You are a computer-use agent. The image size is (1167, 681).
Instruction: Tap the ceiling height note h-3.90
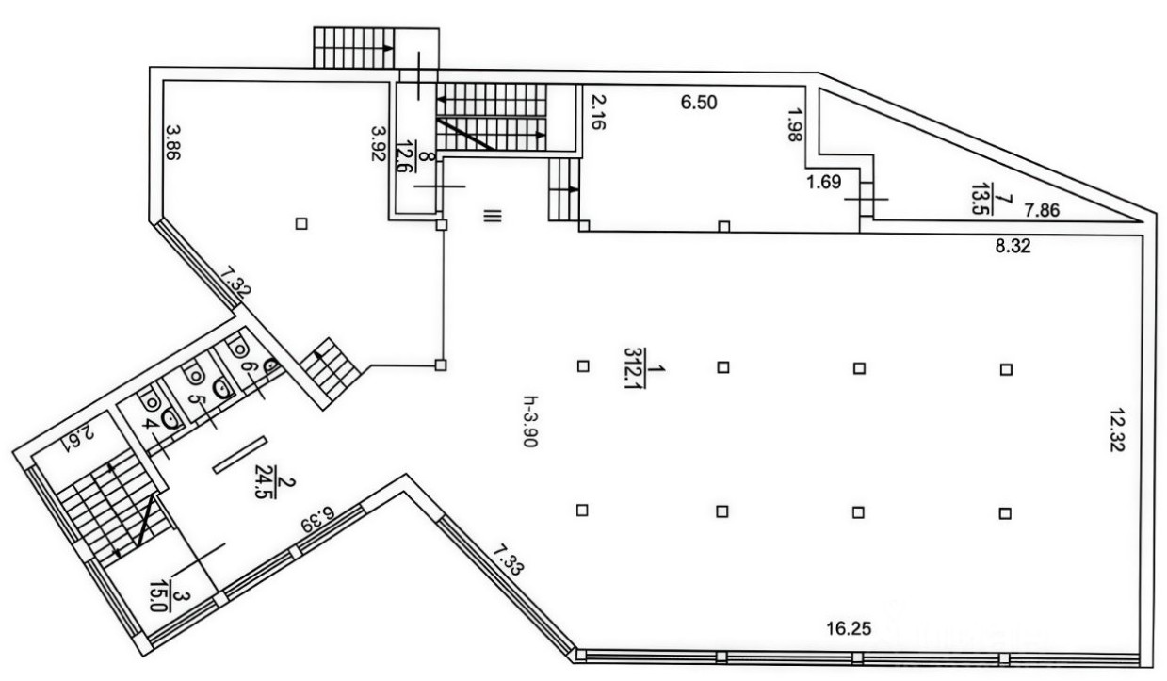[x=533, y=424]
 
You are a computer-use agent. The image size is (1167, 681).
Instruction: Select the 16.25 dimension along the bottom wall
[x=843, y=628]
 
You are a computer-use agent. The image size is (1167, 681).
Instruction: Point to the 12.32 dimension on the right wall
[x=1119, y=431]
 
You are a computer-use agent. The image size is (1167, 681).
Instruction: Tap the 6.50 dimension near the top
[x=700, y=104]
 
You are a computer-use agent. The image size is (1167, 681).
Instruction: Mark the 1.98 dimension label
[x=794, y=123]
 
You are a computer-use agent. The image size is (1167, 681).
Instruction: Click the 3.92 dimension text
[x=379, y=145]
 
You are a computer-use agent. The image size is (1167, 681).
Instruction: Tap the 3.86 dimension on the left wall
[x=172, y=144]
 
